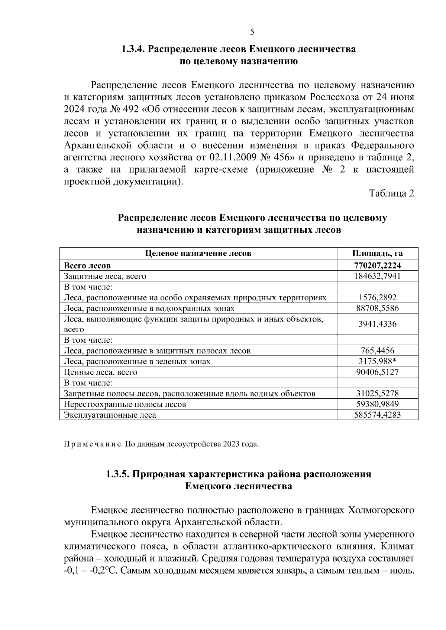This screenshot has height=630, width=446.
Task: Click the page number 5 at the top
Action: (252, 32)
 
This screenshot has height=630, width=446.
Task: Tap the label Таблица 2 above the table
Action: (391, 193)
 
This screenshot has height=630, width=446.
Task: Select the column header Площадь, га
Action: (377, 254)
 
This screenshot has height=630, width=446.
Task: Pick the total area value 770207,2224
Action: (377, 266)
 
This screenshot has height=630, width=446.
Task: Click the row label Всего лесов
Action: (87, 266)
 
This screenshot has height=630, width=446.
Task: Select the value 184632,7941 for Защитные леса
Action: (377, 276)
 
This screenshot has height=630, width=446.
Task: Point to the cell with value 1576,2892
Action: (377, 298)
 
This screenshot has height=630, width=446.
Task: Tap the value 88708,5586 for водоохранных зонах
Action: (377, 309)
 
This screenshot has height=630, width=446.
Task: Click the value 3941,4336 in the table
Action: (377, 324)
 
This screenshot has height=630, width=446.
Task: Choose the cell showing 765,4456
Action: (377, 351)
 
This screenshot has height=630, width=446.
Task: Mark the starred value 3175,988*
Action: (377, 362)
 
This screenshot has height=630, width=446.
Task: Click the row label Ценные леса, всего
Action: (101, 372)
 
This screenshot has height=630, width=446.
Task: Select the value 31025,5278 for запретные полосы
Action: (377, 394)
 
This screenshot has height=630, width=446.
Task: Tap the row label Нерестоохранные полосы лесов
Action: (125, 404)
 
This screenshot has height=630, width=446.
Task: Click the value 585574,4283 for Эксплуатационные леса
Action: (377, 415)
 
